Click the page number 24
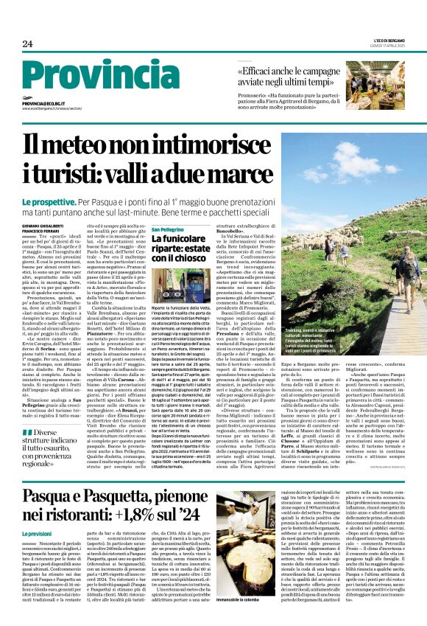[27, 44]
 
